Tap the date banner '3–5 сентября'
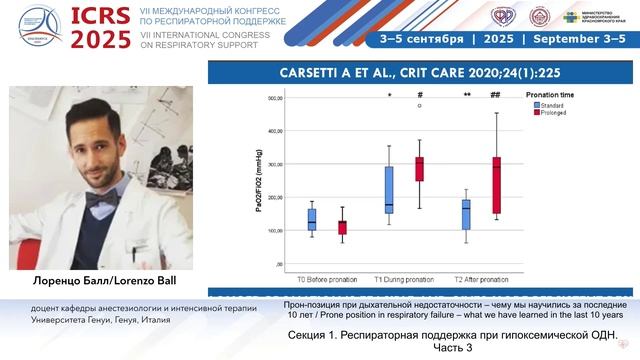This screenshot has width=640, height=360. pos(423,39)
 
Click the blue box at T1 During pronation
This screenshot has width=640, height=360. pos(388,190)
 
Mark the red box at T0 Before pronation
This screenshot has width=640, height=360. pos(342,227)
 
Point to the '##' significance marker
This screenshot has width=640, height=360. pos(495,95)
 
